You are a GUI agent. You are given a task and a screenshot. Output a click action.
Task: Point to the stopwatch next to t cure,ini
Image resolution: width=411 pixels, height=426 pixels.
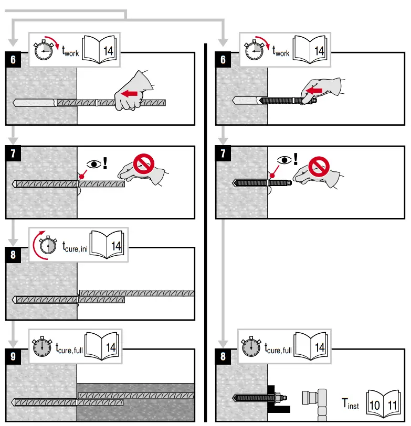[47, 245]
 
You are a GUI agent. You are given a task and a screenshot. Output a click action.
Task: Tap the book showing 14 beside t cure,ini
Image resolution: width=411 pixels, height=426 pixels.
[108, 244]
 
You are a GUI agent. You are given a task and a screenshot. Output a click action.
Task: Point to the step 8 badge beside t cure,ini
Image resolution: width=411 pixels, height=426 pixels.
[13, 255]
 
